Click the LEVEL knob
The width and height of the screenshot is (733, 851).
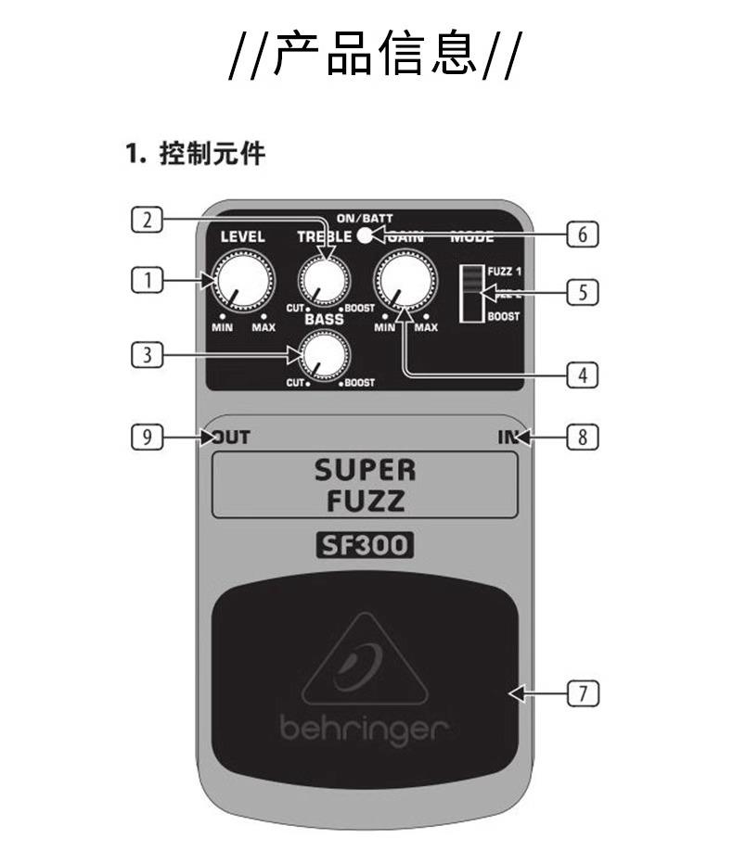coord(239,281)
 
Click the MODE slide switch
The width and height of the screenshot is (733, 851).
coord(472,292)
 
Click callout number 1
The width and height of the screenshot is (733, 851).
coord(146,278)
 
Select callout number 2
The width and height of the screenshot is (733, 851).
coord(146,219)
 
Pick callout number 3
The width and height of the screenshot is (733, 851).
coord(146,352)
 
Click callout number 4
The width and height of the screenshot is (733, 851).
coord(582,375)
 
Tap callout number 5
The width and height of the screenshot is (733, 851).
coord(582,292)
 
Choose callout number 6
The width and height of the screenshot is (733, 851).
coord(582,235)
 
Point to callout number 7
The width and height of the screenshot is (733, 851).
coord(582,692)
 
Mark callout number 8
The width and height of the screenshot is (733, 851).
coord(582,436)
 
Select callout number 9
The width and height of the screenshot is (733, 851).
coord(146,436)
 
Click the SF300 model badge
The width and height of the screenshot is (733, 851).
coord(365,546)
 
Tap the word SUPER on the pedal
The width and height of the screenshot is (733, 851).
coord(365,470)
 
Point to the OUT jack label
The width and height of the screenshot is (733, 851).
coord(231,437)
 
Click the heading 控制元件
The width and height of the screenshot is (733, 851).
coord(212,153)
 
